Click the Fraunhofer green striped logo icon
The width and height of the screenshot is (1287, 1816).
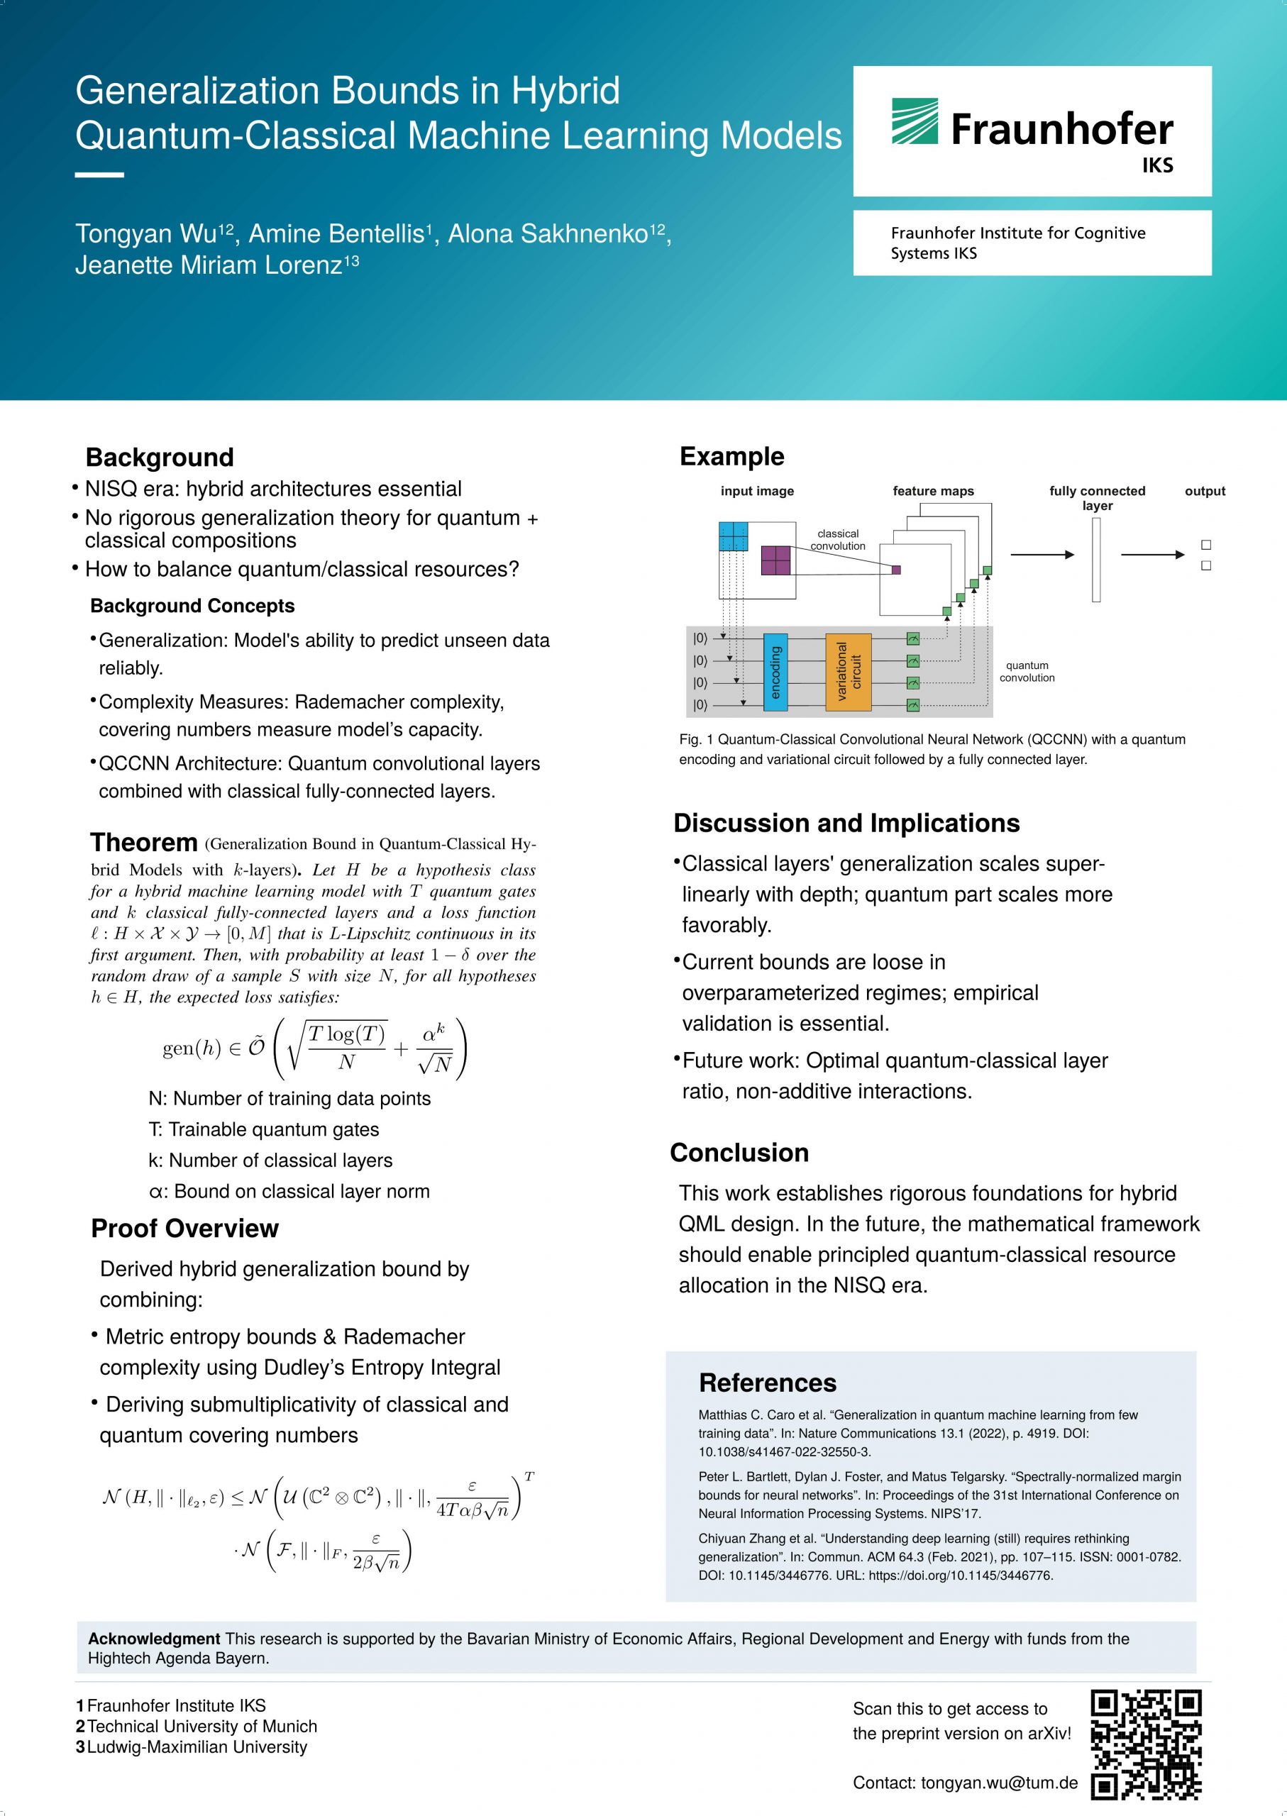click(915, 121)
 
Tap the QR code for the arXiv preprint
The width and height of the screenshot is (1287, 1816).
click(1146, 1744)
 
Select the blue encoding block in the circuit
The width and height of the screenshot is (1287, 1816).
click(775, 671)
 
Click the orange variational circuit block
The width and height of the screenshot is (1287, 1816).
click(848, 671)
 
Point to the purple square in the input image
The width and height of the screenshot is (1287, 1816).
click(775, 560)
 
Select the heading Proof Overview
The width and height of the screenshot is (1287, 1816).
click(184, 1228)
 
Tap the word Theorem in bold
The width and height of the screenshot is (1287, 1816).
click(143, 842)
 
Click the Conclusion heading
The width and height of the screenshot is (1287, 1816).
click(739, 1152)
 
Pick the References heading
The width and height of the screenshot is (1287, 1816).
click(767, 1383)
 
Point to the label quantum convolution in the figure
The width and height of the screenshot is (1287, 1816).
click(1027, 671)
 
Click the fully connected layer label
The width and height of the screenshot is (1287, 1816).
click(1097, 497)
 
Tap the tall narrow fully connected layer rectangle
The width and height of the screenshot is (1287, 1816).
click(1096, 560)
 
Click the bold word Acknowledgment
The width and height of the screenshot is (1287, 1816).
click(154, 1639)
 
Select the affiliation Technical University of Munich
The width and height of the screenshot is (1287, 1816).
click(201, 1726)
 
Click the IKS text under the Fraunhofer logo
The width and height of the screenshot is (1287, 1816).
click(1157, 165)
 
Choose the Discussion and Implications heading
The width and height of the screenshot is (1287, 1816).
click(846, 823)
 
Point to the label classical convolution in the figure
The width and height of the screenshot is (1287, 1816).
click(838, 540)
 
